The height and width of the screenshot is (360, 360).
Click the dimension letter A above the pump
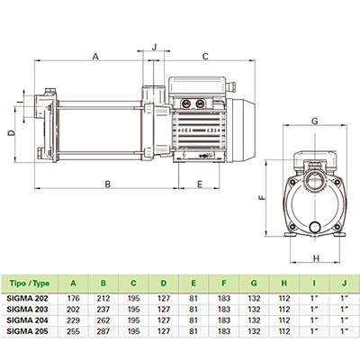coord(95,56)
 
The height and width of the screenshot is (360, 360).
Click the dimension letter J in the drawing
coord(155,47)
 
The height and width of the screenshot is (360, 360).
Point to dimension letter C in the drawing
coord(205,57)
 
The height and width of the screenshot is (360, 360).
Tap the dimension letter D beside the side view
coord(11,133)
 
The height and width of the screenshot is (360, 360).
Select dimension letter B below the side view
coord(108,184)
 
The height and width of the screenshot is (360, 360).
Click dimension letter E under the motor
coord(200,184)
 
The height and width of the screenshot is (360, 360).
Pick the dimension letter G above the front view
coord(315,121)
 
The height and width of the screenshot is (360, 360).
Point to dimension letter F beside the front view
coord(262,198)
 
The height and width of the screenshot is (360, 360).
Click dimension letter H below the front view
coord(316,258)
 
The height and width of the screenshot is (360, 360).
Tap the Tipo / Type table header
coord(30,283)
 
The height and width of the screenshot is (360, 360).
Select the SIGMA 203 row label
coord(27,310)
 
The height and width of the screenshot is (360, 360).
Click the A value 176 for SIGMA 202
coord(74,299)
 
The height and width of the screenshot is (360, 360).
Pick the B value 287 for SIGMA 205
coord(103,331)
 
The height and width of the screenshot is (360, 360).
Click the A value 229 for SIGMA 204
coord(74,320)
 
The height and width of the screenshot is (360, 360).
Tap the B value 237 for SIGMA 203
coord(103,310)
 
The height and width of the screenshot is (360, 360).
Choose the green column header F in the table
coord(224,283)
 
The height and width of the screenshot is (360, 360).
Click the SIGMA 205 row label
coord(27,331)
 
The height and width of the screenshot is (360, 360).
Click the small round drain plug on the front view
coord(315,227)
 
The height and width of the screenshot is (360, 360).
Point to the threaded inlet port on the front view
coord(315,182)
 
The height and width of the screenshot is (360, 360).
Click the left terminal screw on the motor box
coord(184,103)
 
